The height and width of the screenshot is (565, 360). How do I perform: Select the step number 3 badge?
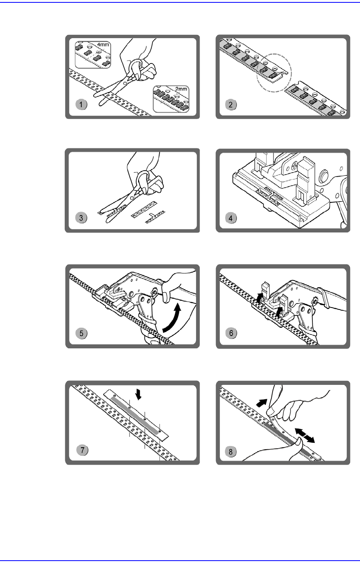82,218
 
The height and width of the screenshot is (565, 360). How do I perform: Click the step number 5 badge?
82,333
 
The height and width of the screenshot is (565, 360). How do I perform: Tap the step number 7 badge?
82,450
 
